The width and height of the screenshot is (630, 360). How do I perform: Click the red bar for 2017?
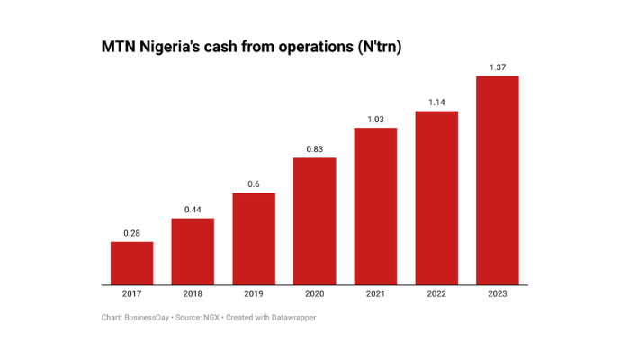click(x=131, y=263)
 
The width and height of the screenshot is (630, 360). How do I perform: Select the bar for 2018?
click(x=193, y=251)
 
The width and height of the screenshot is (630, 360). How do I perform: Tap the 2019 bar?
click(x=254, y=238)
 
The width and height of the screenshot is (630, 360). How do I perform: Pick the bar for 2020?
click(x=314, y=220)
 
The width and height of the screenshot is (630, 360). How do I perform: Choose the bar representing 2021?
click(x=375, y=206)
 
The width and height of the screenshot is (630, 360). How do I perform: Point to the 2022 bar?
click(x=436, y=198)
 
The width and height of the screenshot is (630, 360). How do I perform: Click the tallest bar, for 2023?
click(x=497, y=180)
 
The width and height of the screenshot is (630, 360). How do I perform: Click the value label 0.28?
click(x=131, y=233)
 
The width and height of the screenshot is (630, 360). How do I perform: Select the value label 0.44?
click(x=193, y=210)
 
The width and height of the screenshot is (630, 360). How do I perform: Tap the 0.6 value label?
click(x=254, y=184)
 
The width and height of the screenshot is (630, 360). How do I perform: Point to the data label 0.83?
click(x=314, y=149)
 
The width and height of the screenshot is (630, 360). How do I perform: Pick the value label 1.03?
click(x=375, y=120)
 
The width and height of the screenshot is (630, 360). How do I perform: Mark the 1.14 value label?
click(x=436, y=103)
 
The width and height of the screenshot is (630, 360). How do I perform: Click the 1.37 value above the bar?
click(x=497, y=67)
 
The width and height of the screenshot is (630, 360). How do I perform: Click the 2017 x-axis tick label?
click(x=131, y=294)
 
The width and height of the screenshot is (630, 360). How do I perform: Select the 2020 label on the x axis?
click(x=314, y=294)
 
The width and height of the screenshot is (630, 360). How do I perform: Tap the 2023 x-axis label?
click(x=497, y=294)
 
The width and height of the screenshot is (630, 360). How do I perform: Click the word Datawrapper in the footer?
click(x=290, y=317)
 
